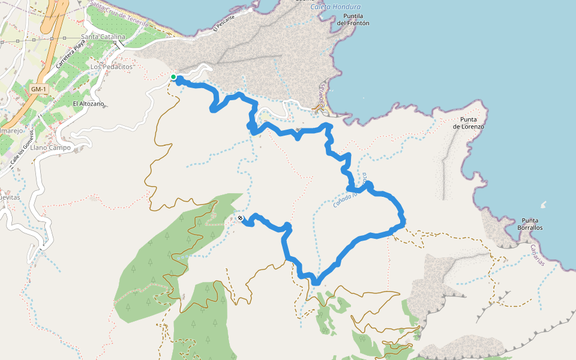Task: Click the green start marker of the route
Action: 173,77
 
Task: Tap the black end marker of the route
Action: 240,218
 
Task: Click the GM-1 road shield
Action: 37,89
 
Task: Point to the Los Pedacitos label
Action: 111,67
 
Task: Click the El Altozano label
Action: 88,104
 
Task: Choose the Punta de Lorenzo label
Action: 468,123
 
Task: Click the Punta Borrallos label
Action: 532,224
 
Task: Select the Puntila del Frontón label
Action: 353,19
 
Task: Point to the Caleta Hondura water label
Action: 331,6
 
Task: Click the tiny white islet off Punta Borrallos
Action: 544,205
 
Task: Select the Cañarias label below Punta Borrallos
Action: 537,256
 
